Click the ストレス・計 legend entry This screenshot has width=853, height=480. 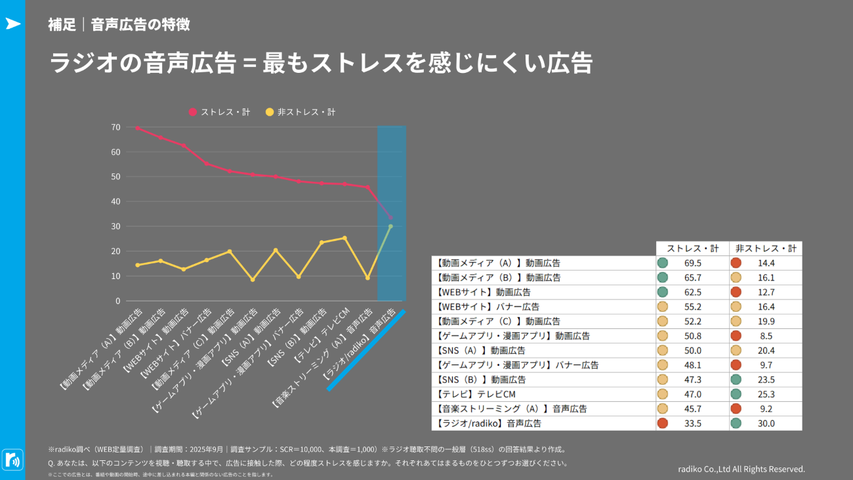click(219, 112)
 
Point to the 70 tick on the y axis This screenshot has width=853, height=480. click(115, 127)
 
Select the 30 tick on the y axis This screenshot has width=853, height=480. click(115, 227)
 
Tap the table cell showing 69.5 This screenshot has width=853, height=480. click(693, 263)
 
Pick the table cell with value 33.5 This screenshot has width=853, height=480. click(693, 424)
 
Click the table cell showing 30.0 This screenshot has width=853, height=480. click(766, 424)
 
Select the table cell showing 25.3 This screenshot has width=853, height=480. click(766, 394)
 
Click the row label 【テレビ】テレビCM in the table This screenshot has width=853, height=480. click(476, 394)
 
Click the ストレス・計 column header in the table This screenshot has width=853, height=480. click(692, 249)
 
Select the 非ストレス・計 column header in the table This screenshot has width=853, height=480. click(765, 249)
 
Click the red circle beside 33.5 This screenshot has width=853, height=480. click(663, 424)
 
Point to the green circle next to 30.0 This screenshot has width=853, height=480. click(736, 424)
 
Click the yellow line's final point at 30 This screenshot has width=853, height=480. click(390, 227)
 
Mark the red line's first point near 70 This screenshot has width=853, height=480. click(137, 128)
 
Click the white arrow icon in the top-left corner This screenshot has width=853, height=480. click(12, 24)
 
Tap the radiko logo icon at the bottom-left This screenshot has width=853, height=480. click(12, 459)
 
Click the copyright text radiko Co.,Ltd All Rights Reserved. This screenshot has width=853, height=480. click(741, 469)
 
